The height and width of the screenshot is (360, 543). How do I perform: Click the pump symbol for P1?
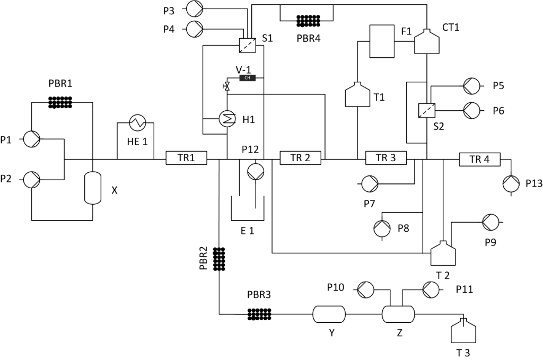tap(32, 139)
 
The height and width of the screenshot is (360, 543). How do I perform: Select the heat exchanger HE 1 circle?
tap(135, 123)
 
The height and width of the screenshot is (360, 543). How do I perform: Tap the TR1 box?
tap(186, 158)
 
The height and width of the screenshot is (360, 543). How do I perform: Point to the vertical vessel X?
tap(93, 188)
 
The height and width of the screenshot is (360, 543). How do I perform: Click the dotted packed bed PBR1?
tap(63, 102)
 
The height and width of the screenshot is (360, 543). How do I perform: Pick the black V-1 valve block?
tap(248, 78)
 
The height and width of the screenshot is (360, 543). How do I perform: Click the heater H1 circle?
tap(227, 119)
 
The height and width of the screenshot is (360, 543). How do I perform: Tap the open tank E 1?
tap(248, 209)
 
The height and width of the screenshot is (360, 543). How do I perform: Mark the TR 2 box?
tap(300, 158)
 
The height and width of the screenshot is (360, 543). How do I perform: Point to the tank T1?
tap(357, 95)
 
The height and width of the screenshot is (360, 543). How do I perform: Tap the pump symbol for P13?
tap(512, 183)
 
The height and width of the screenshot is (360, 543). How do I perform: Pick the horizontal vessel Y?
tap(328, 314)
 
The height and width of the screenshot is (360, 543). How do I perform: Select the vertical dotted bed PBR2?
tap(218, 259)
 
